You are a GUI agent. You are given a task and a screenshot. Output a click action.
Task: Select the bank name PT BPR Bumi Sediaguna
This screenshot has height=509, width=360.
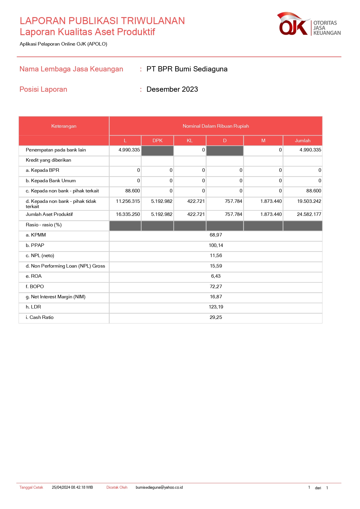point(187,69)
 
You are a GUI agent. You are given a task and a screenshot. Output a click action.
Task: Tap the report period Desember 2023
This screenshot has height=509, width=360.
point(172,89)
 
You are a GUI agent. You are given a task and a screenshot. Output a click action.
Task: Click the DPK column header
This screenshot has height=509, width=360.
point(158,140)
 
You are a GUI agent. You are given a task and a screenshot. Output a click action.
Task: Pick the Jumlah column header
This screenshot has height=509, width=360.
point(303,140)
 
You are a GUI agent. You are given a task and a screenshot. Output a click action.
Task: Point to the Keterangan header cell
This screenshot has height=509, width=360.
point(64,126)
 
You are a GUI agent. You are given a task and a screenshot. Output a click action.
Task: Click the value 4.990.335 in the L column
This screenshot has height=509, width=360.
point(129,150)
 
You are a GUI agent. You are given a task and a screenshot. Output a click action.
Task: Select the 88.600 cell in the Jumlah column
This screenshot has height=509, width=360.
point(314,191)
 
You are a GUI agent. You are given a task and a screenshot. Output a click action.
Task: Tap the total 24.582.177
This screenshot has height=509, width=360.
point(309,214)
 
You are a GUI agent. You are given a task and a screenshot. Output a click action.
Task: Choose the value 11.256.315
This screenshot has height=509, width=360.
point(128,201)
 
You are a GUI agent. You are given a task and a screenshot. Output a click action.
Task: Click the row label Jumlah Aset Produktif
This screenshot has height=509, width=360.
point(49,214)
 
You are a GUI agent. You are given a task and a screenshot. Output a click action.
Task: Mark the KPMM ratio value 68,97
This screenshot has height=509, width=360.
point(216,235)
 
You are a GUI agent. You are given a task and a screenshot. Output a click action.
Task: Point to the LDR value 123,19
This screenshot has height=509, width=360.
point(216,307)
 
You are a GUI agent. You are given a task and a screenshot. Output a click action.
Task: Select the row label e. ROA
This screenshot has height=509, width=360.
point(34,276)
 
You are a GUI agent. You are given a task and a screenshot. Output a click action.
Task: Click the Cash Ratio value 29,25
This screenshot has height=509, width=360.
point(216,317)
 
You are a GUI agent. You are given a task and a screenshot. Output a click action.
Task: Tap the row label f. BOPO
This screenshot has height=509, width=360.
point(35,287)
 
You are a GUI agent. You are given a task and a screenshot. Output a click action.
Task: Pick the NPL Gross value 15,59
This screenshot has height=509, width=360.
point(216,266)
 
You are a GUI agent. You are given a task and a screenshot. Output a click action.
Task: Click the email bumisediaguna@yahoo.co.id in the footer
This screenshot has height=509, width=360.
point(159,488)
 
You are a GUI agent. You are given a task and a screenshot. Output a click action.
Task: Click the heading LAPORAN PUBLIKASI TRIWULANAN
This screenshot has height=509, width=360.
point(102,21)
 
